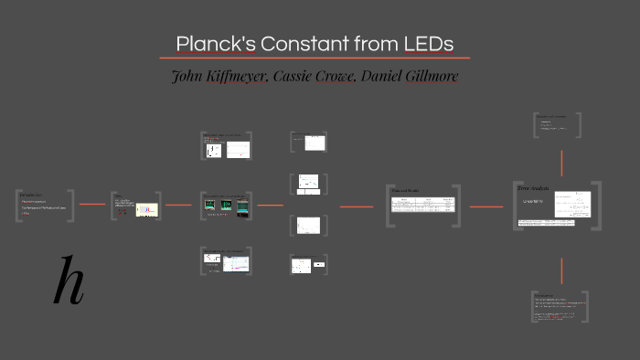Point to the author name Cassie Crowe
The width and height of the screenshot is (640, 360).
pos(321,76)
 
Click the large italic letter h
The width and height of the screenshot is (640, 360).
pos(69,282)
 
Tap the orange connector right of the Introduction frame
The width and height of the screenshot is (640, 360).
pos(92,205)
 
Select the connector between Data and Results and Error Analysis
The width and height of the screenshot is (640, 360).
pos(486,206)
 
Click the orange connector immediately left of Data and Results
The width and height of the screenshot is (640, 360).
pos(356,206)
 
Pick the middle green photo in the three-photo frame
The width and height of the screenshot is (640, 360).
pos(226,207)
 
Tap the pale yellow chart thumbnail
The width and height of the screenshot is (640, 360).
pos(146,210)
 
